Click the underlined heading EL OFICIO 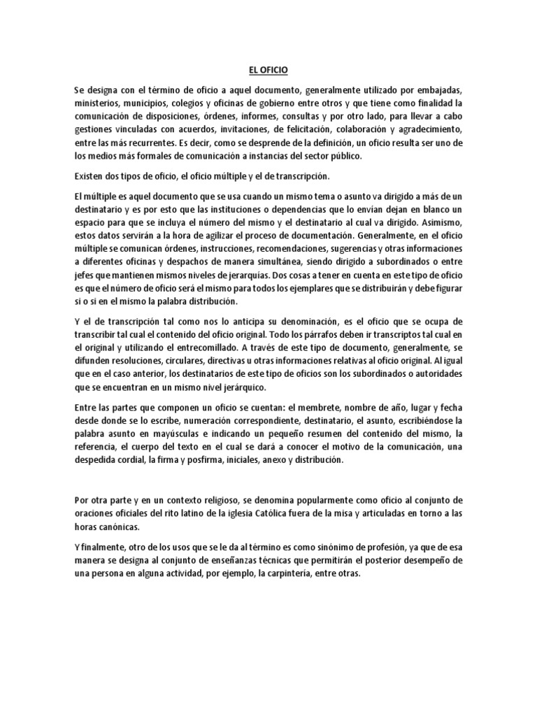(x=268, y=71)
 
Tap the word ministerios (x=96, y=104)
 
